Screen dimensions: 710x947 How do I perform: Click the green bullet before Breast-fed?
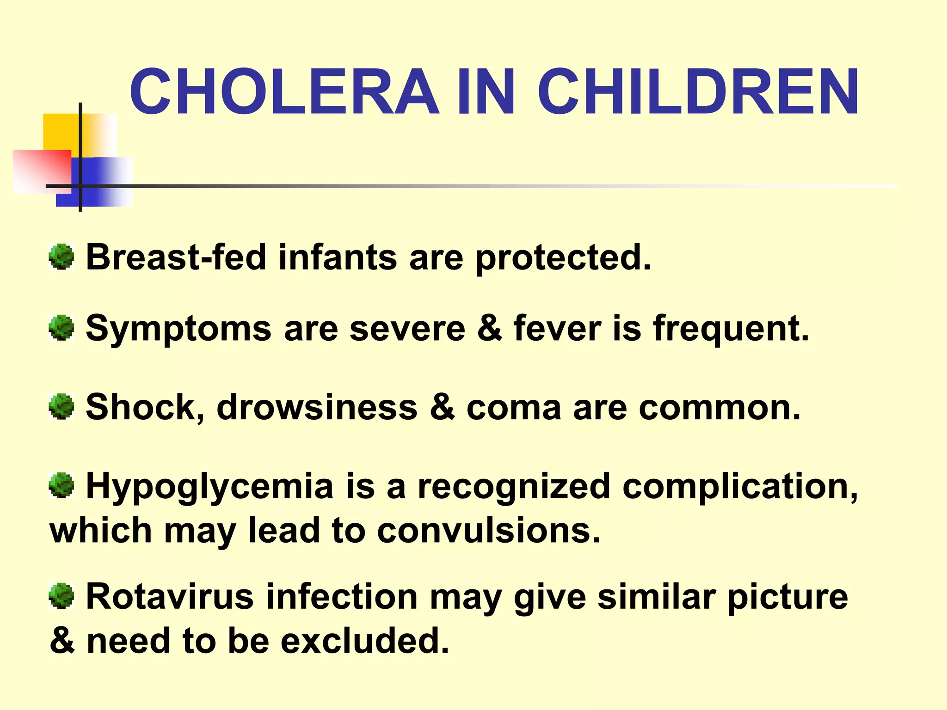61,257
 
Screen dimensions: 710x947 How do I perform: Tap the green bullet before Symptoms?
61,328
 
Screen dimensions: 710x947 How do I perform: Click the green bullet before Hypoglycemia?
61,486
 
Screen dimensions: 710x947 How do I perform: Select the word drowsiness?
317,407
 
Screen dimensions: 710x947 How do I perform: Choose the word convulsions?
488,530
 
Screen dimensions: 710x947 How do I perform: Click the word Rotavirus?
170,597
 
